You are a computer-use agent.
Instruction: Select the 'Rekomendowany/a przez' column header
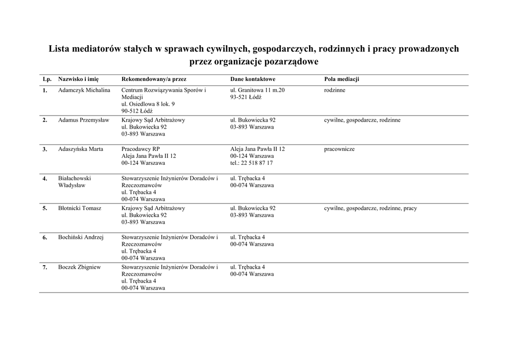[154, 79]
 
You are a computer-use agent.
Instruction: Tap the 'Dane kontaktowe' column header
[253, 79]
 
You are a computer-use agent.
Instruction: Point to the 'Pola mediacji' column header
[341, 79]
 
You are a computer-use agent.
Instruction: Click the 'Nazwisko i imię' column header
[78, 79]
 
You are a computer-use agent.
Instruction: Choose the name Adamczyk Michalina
[84, 90]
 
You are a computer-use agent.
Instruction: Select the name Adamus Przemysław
[83, 120]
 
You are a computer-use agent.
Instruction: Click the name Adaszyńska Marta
[80, 149]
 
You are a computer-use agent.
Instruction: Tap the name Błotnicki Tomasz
[79, 209]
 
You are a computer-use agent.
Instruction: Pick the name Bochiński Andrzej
[80, 237]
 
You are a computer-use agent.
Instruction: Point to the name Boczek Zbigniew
[79, 267]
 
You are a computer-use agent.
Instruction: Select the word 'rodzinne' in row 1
[334, 90]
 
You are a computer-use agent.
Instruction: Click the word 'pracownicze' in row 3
[339, 149]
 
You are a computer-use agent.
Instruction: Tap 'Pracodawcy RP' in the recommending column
[140, 149]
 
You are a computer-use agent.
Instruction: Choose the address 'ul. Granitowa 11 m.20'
[257, 90]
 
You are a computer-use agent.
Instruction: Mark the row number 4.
[45, 179]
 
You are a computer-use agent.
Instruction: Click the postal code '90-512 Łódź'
[137, 111]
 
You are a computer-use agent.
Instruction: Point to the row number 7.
[45, 268]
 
